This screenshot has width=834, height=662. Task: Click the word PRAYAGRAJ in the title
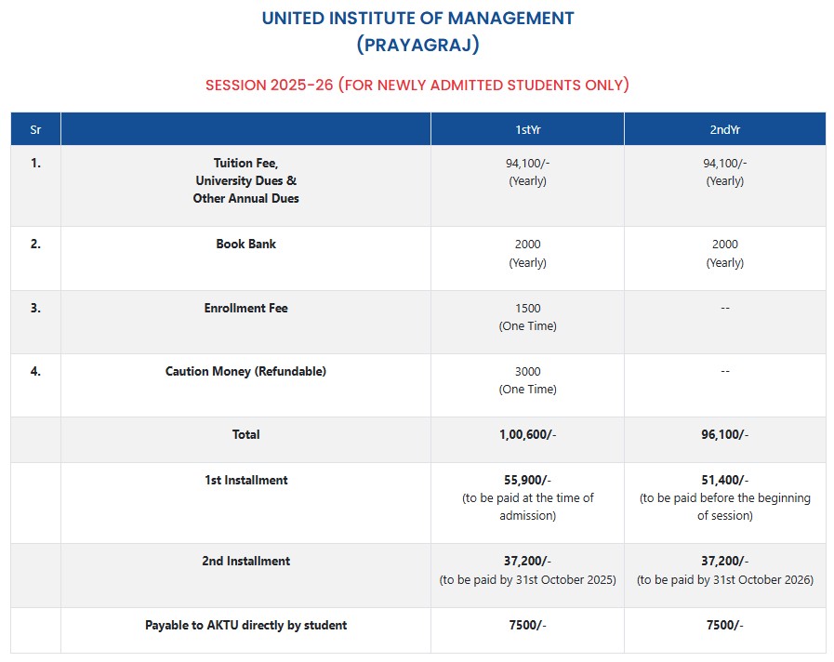(x=417, y=45)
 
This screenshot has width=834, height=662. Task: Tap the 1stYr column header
(x=527, y=129)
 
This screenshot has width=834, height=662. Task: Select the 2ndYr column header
(x=724, y=129)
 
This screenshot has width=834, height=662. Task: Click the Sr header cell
(x=35, y=129)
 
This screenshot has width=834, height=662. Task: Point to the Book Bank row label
(x=245, y=245)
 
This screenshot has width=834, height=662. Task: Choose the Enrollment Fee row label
(x=245, y=308)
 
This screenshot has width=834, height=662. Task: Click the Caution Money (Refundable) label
(x=245, y=371)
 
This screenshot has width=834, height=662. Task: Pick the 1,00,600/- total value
(x=527, y=434)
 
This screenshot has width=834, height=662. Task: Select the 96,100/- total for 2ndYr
(x=724, y=434)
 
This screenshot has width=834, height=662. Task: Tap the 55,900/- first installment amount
(x=527, y=480)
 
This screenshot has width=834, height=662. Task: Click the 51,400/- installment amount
(x=724, y=480)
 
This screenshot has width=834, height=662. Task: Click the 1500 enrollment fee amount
(x=527, y=308)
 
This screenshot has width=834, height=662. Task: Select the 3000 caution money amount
(x=527, y=371)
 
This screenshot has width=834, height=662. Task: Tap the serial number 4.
(x=35, y=371)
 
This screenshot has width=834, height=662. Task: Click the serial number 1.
(x=35, y=163)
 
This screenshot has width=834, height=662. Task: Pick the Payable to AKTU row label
(x=245, y=626)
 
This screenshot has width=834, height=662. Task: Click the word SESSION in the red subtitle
(x=236, y=86)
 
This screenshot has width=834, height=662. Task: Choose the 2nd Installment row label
(x=245, y=561)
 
